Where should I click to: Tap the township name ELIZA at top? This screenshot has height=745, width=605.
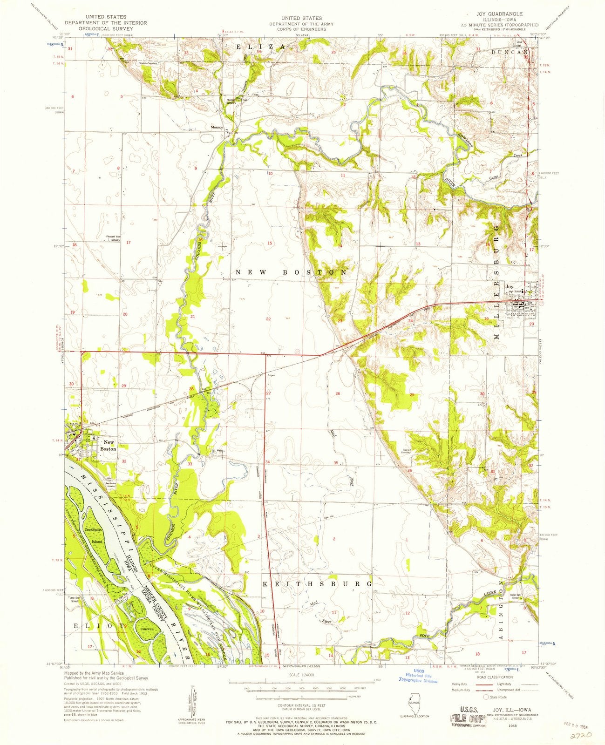pos(262,47)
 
